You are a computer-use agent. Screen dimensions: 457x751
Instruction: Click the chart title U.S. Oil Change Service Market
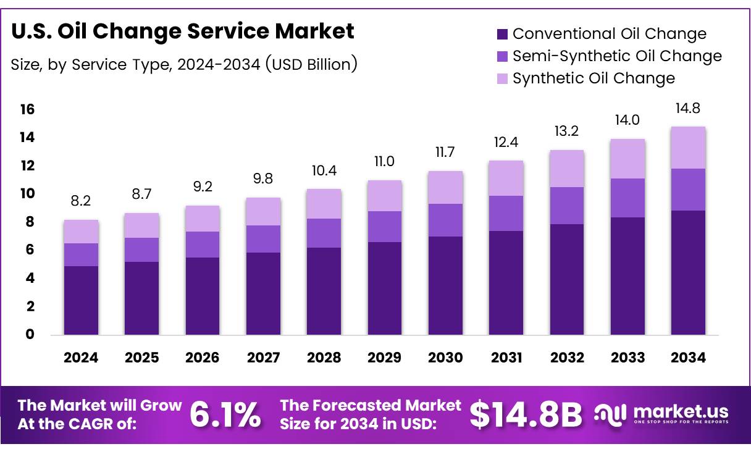[183, 31]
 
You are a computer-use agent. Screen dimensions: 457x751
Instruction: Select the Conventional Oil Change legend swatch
[502, 34]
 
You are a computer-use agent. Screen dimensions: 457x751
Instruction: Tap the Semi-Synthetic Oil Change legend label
[617, 56]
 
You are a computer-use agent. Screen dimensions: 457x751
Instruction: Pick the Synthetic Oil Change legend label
[594, 78]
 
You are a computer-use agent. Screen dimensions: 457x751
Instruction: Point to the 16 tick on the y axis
[27, 110]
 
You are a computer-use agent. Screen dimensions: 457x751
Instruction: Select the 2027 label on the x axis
[262, 358]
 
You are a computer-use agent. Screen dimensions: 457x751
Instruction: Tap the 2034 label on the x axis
[687, 358]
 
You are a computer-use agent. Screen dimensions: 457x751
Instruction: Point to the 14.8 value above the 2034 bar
[687, 109]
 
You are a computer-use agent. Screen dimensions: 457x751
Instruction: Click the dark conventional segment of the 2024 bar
[81, 300]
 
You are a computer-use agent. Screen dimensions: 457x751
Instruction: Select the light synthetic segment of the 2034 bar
[687, 148]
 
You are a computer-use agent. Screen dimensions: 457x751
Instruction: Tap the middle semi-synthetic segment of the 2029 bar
[384, 227]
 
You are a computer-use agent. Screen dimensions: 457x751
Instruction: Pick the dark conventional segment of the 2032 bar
[566, 279]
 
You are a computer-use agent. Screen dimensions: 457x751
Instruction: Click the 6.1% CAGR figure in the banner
[224, 414]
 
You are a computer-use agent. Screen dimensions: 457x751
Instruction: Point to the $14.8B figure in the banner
[526, 414]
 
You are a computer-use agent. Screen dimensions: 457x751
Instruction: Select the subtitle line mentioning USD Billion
[184, 64]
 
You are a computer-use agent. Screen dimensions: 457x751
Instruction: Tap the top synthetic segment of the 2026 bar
[202, 219]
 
